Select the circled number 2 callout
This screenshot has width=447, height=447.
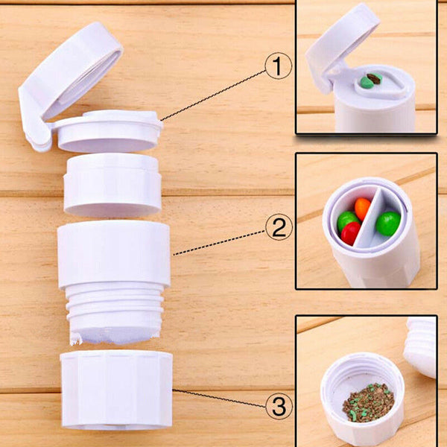pyautogui.click(x=278, y=227)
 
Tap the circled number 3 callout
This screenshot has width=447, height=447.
pyautogui.click(x=276, y=407)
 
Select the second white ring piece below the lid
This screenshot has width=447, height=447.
pyautogui.click(x=112, y=185)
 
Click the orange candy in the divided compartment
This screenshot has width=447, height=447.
pyautogui.click(x=362, y=207)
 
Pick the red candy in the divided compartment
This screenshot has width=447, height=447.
pyautogui.click(x=351, y=233)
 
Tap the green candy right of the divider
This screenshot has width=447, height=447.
pyautogui.click(x=387, y=223)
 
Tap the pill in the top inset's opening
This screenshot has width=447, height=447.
pyautogui.click(x=370, y=80)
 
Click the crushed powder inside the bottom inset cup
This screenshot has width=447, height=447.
pyautogui.click(x=367, y=403)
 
